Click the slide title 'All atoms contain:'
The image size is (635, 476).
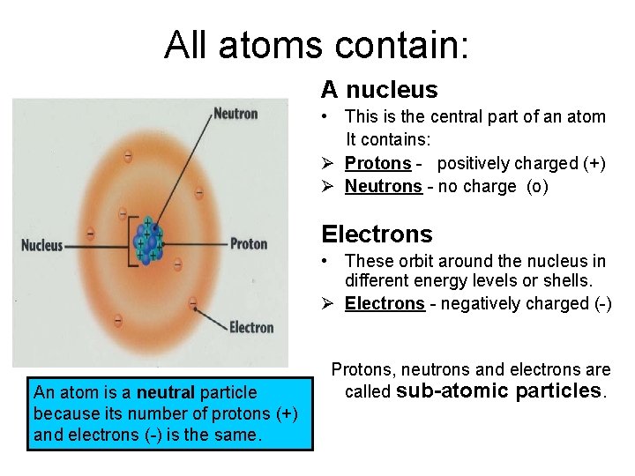tap(317, 45)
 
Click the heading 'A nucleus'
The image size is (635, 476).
tap(379, 89)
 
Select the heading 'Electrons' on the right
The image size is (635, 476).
tap(377, 234)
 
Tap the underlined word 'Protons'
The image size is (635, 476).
tap(377, 163)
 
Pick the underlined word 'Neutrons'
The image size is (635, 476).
tap(383, 186)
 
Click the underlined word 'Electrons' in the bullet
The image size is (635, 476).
tap(385, 303)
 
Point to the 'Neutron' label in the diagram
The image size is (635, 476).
tap(235, 113)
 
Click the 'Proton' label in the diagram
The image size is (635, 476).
tap(248, 243)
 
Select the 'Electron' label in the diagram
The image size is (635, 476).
tap(251, 327)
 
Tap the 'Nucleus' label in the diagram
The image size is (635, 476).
tap(42, 244)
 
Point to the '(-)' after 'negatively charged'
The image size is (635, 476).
tap(599, 303)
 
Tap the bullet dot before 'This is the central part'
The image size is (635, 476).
tap(326, 116)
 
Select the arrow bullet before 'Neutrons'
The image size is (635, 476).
tap(327, 186)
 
